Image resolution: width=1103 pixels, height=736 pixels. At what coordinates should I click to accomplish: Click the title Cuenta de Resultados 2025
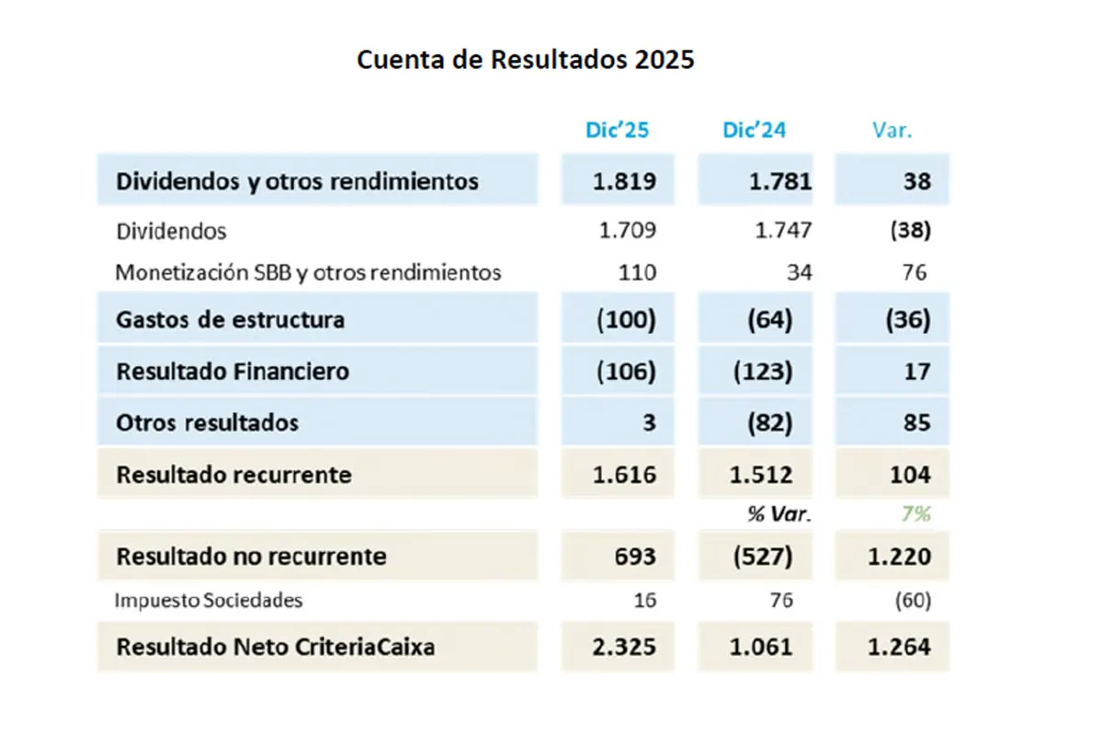click(x=525, y=60)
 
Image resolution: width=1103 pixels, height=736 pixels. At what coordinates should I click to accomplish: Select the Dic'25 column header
click(x=618, y=130)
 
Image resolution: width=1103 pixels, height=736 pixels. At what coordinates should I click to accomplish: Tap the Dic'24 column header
click(x=755, y=130)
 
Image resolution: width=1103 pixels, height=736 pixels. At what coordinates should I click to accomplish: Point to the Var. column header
click(x=892, y=130)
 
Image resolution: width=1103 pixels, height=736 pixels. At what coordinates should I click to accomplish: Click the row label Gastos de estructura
click(x=230, y=320)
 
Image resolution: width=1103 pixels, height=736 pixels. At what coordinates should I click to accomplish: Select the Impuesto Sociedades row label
click(x=209, y=601)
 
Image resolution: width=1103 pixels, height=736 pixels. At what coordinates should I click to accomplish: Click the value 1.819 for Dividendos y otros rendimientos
click(x=625, y=180)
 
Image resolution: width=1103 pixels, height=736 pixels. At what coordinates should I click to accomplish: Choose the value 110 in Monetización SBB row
click(x=638, y=272)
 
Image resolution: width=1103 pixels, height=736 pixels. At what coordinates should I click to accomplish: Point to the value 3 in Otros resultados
click(x=649, y=423)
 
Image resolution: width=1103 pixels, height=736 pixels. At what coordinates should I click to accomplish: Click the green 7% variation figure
click(x=915, y=514)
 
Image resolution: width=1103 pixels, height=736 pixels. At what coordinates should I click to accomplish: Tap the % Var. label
click(x=779, y=514)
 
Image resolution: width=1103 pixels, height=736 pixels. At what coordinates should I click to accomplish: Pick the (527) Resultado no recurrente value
click(x=762, y=557)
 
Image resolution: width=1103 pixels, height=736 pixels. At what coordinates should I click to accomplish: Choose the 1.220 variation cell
click(x=898, y=557)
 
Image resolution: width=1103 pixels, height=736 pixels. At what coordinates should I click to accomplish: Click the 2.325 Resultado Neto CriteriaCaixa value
click(x=625, y=647)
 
